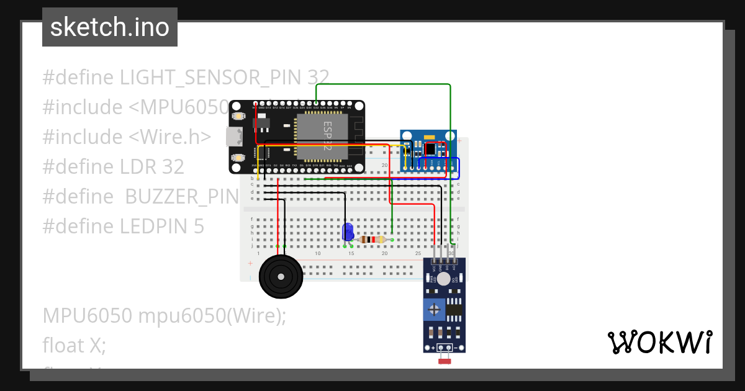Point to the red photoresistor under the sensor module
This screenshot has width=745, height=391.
coord(444,361)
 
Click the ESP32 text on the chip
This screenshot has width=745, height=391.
coord(328,135)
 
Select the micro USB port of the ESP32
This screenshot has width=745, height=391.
coord(234,137)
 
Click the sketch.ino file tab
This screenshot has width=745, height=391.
coord(110,27)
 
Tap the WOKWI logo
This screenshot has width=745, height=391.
coord(659,343)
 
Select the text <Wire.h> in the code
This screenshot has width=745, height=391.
coord(169,137)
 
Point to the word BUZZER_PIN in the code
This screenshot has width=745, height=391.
coord(182,197)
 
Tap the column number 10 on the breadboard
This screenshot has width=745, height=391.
coord(317,253)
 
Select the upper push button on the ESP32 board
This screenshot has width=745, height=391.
coord(238,116)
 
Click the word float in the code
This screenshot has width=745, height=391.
coord(63,345)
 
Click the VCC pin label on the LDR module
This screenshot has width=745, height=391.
coord(433,268)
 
